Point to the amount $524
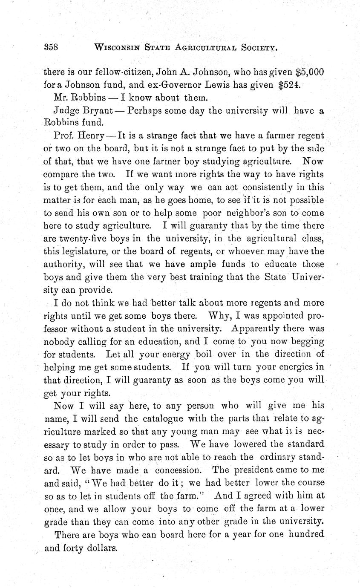[x=291, y=85]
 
